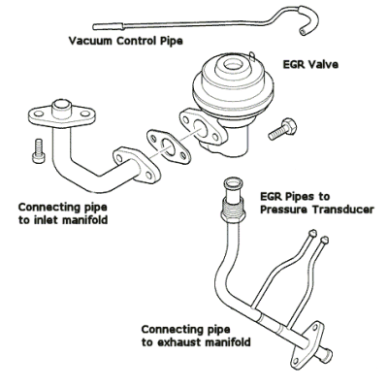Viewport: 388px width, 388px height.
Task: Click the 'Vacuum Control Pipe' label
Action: pos(125,41)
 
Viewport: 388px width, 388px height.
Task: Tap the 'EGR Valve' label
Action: pos(310,64)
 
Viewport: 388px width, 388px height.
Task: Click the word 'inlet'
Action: pos(46,220)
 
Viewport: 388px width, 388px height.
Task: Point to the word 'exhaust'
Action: pos(178,342)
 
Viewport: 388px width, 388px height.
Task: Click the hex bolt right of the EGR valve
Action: pos(282,129)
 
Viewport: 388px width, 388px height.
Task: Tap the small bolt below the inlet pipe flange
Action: pos(37,150)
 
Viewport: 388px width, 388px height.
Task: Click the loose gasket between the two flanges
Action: pos(167,145)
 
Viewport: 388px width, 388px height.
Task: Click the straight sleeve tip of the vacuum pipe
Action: pos(108,26)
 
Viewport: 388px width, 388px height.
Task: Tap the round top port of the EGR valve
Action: pos(232,65)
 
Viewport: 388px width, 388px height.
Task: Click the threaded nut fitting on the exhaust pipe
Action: pos(233,210)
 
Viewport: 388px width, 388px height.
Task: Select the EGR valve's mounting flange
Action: pos(203,128)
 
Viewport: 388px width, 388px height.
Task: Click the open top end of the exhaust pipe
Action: pos(233,183)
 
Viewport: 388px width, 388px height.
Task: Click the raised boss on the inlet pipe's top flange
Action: pos(62,109)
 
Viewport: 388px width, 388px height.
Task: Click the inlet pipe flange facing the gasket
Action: pos(137,167)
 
